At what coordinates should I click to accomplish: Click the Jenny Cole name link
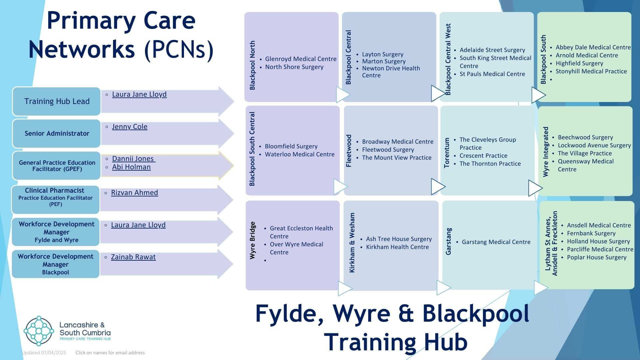click(129, 127)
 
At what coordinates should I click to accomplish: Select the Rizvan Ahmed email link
click(134, 193)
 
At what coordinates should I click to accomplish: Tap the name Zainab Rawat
click(133, 257)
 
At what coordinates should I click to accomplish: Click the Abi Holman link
click(131, 167)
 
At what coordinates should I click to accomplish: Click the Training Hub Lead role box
click(57, 101)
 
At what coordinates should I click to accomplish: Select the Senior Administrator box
click(57, 133)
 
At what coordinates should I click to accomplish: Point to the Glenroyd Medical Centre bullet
click(300, 59)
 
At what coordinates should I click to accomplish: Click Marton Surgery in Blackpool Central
click(384, 61)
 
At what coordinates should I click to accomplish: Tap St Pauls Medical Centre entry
click(492, 74)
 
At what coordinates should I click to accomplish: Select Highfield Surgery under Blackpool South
click(579, 63)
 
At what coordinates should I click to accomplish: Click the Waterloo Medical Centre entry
click(299, 154)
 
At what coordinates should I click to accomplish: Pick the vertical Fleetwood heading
click(349, 151)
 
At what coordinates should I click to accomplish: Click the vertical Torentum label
click(447, 153)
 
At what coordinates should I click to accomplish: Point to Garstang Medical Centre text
click(496, 242)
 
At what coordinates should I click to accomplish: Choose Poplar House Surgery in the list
click(596, 257)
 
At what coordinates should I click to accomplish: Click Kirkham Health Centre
click(397, 247)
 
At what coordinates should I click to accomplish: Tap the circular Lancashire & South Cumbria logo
click(39, 331)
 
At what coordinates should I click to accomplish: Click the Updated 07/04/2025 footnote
click(44, 353)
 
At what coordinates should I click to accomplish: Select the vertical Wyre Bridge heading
click(253, 240)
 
